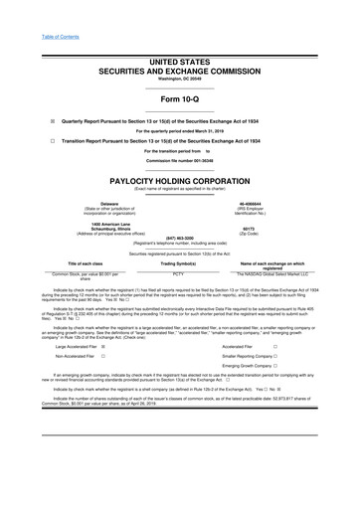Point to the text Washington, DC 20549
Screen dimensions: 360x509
tap(180, 51)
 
